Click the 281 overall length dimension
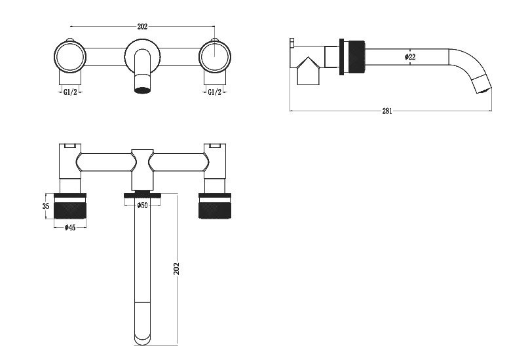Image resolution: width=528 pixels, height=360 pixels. click(387, 111)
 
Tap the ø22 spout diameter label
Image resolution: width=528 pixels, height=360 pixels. click(410, 57)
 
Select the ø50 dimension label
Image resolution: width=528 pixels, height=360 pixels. click(141, 206)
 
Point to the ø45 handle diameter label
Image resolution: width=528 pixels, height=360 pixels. click(69, 228)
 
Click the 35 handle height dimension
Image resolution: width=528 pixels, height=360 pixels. click(46, 206)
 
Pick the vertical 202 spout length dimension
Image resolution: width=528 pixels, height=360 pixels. click(176, 268)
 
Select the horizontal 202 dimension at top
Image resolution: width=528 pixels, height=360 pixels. click(142, 27)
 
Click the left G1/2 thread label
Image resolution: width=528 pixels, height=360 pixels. click(70, 92)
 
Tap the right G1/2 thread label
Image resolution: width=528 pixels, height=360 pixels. click(214, 92)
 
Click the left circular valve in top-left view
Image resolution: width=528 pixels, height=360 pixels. click(69, 56)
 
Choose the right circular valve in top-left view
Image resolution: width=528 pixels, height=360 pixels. click(214, 56)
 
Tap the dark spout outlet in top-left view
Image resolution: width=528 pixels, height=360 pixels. click(142, 86)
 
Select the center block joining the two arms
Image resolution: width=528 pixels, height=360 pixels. click(141, 169)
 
